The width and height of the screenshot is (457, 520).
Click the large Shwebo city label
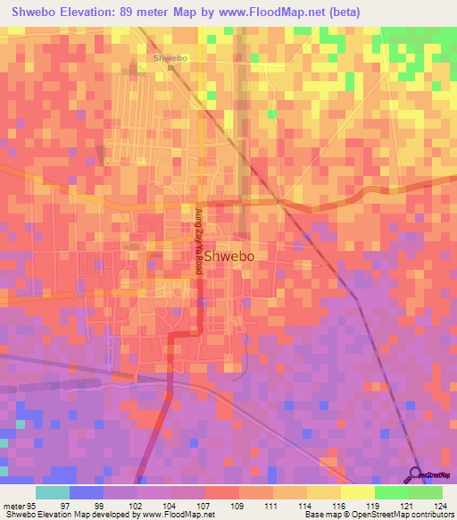point(230,256)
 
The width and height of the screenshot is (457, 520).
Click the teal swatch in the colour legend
point(53,492)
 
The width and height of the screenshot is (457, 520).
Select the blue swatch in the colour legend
point(87,492)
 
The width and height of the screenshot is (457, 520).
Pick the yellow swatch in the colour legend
point(358,492)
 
